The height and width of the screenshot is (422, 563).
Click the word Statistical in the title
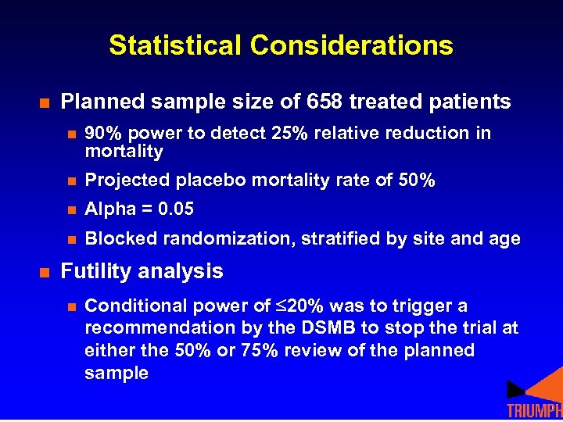(176, 45)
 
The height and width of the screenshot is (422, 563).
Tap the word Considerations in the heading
(352, 45)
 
